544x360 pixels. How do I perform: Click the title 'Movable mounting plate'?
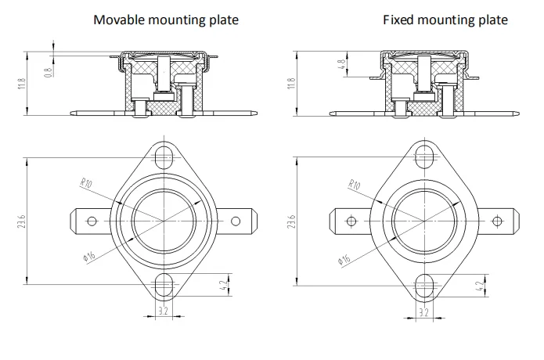[x=166, y=20]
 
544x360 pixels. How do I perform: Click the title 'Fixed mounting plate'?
[x=445, y=20]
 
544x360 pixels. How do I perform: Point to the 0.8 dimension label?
[x=49, y=72]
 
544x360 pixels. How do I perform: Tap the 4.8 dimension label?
[x=342, y=64]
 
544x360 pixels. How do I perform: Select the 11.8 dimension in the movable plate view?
[x=22, y=84]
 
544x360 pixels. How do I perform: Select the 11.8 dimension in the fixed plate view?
[x=291, y=84]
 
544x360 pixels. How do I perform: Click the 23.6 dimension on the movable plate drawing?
[x=21, y=221]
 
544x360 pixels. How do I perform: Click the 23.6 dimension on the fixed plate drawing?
[x=291, y=221]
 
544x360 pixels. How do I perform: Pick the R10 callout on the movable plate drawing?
[x=85, y=183]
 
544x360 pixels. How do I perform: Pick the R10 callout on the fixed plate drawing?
[x=355, y=184]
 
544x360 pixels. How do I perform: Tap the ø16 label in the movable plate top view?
[x=88, y=257]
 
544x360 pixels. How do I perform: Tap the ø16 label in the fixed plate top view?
[x=344, y=259]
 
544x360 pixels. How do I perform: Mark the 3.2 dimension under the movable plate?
[x=163, y=311]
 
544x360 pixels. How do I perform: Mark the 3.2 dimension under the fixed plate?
[x=424, y=312]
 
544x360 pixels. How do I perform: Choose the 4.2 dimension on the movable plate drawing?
[x=223, y=285]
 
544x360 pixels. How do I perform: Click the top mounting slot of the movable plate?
[x=164, y=158]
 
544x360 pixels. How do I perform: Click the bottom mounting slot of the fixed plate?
[x=424, y=286]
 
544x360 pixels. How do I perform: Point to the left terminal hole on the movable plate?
[x=92, y=221]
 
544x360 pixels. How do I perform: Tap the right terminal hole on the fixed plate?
[x=497, y=221]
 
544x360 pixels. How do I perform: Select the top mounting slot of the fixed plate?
[x=424, y=157]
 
